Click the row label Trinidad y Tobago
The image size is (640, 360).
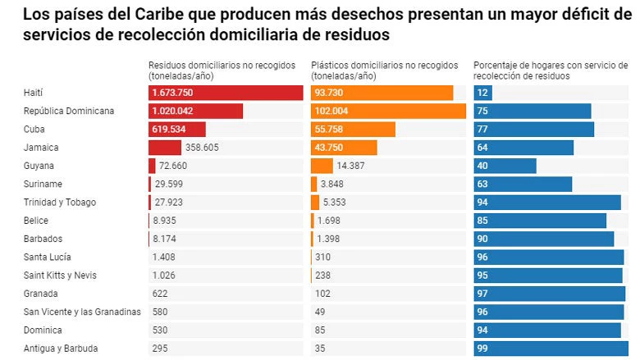tap(60, 203)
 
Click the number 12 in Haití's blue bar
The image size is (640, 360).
tap(484, 93)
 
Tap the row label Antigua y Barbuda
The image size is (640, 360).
tap(61, 349)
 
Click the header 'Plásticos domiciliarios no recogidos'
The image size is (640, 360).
tap(386, 65)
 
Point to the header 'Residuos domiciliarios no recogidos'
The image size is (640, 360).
tap(223, 65)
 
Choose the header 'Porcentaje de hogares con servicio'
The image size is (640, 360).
tap(550, 65)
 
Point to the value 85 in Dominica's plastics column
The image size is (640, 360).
tap(322, 330)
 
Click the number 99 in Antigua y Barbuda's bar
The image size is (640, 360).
tap(484, 349)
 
